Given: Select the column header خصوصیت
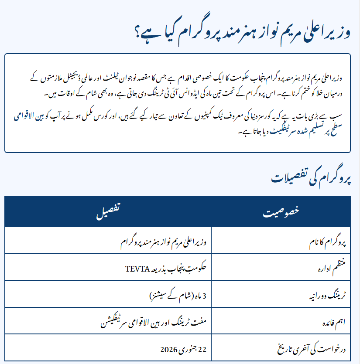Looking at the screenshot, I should coord(281,212).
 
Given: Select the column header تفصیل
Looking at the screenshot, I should coord(108,212).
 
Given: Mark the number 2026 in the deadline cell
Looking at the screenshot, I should coord(168,350).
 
